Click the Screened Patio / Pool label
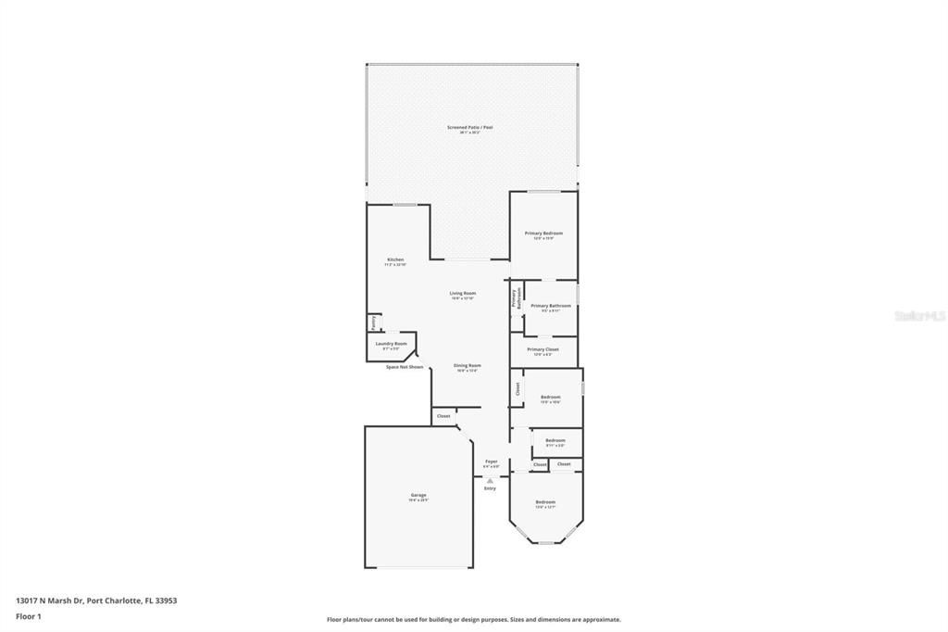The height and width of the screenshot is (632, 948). click(x=469, y=127)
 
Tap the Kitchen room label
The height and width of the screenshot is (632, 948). click(x=395, y=259)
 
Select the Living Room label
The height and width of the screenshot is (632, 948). click(x=463, y=293)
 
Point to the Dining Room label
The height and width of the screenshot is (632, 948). click(x=467, y=365)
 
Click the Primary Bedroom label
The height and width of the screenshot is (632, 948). click(x=543, y=234)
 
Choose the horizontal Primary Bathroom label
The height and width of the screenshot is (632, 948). click(x=551, y=306)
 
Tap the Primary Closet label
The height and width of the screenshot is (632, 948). click(x=543, y=349)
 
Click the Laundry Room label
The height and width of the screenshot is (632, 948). click(x=391, y=344)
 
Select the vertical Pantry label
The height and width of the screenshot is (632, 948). click(x=373, y=323)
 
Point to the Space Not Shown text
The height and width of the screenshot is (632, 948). click(x=405, y=367)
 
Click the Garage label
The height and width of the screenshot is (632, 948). click(x=418, y=495)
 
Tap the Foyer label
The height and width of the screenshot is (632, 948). click(x=492, y=461)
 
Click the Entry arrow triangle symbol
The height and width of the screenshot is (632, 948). click(x=490, y=480)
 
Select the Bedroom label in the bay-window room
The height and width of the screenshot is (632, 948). click(x=545, y=501)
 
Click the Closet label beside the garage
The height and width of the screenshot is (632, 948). click(x=443, y=416)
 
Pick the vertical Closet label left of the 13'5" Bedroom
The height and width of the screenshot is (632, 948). click(x=518, y=389)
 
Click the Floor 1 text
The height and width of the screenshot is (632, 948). click(x=29, y=615)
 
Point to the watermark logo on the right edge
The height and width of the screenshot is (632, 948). click(x=920, y=316)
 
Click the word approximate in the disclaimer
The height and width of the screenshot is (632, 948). click(x=600, y=620)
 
